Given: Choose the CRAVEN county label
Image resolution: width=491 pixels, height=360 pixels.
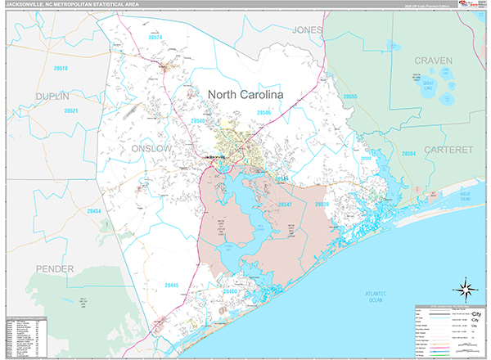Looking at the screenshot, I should pos(433,61).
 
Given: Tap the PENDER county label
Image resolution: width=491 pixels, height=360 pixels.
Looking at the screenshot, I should pos(54,268).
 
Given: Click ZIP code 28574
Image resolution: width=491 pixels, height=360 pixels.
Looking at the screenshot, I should pos(155,37).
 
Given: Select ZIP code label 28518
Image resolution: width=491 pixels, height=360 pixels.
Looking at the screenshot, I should pos(60,69).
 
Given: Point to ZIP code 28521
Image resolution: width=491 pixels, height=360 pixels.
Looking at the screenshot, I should pos(72,110).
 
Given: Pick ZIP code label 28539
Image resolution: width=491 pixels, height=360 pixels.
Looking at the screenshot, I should pos(322,204).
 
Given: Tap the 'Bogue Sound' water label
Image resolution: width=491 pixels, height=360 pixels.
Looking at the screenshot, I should pos(466,197).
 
